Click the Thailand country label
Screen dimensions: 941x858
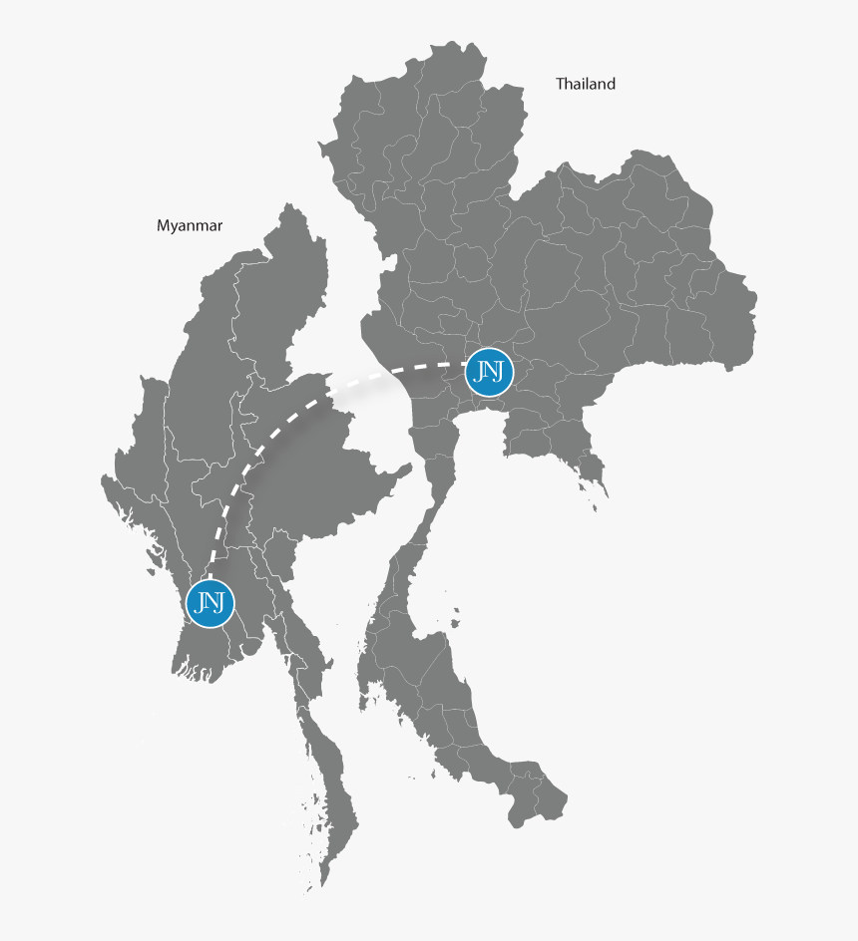pos(586,85)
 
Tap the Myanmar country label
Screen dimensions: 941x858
pos(190,226)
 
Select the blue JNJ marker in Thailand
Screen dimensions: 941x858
pos(490,372)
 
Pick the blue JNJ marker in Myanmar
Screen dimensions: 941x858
pos(210,602)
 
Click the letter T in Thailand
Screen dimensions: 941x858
pos(560,85)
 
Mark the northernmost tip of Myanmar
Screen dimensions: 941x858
pos(291,206)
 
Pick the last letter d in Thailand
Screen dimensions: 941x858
pos(611,85)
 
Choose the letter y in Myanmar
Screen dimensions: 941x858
pos(177,227)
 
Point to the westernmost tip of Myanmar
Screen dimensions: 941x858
pos(103,480)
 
